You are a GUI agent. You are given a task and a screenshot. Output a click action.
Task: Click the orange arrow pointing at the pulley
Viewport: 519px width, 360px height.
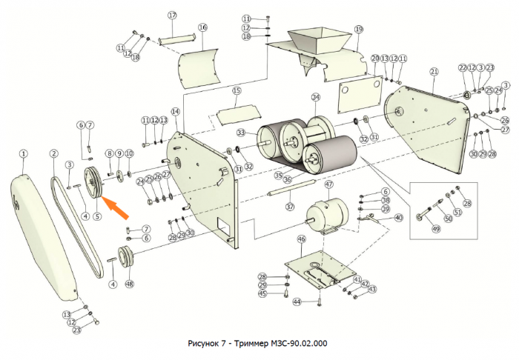click(x=117, y=207)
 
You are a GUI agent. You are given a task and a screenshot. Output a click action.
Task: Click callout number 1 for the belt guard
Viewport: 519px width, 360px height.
click(x=23, y=154)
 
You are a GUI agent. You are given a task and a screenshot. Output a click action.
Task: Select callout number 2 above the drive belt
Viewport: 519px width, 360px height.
click(x=54, y=154)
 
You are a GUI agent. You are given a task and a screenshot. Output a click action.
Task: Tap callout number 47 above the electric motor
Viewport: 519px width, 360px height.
click(x=328, y=184)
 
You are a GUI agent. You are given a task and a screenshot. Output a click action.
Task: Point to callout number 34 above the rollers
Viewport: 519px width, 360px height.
click(x=315, y=97)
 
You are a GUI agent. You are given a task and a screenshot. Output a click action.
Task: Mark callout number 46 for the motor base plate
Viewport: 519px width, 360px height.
click(x=301, y=240)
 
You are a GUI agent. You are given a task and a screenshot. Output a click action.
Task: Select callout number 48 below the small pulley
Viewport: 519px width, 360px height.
click(x=130, y=284)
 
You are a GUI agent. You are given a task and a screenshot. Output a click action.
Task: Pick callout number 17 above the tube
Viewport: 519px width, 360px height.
click(x=172, y=16)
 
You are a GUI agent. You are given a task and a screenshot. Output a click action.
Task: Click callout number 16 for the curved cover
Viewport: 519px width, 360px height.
click(x=202, y=27)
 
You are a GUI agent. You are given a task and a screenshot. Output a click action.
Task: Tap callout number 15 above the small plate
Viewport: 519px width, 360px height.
click(x=237, y=91)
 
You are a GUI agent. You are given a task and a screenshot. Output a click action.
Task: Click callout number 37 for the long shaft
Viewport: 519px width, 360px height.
click(x=290, y=207)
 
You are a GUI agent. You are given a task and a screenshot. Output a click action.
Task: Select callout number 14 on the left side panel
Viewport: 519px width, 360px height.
click(x=175, y=111)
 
